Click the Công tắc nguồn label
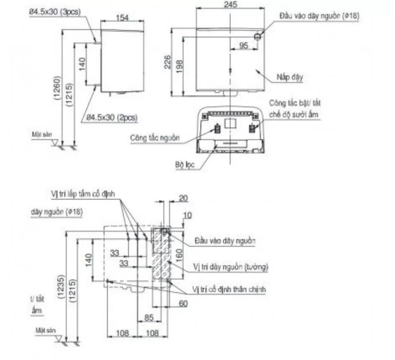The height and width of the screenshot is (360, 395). coord(153,138)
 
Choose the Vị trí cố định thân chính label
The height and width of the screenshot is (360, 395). coord(229,290)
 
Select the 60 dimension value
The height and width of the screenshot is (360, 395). coord(183,304)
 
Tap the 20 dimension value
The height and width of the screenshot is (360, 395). coord(183,198)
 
